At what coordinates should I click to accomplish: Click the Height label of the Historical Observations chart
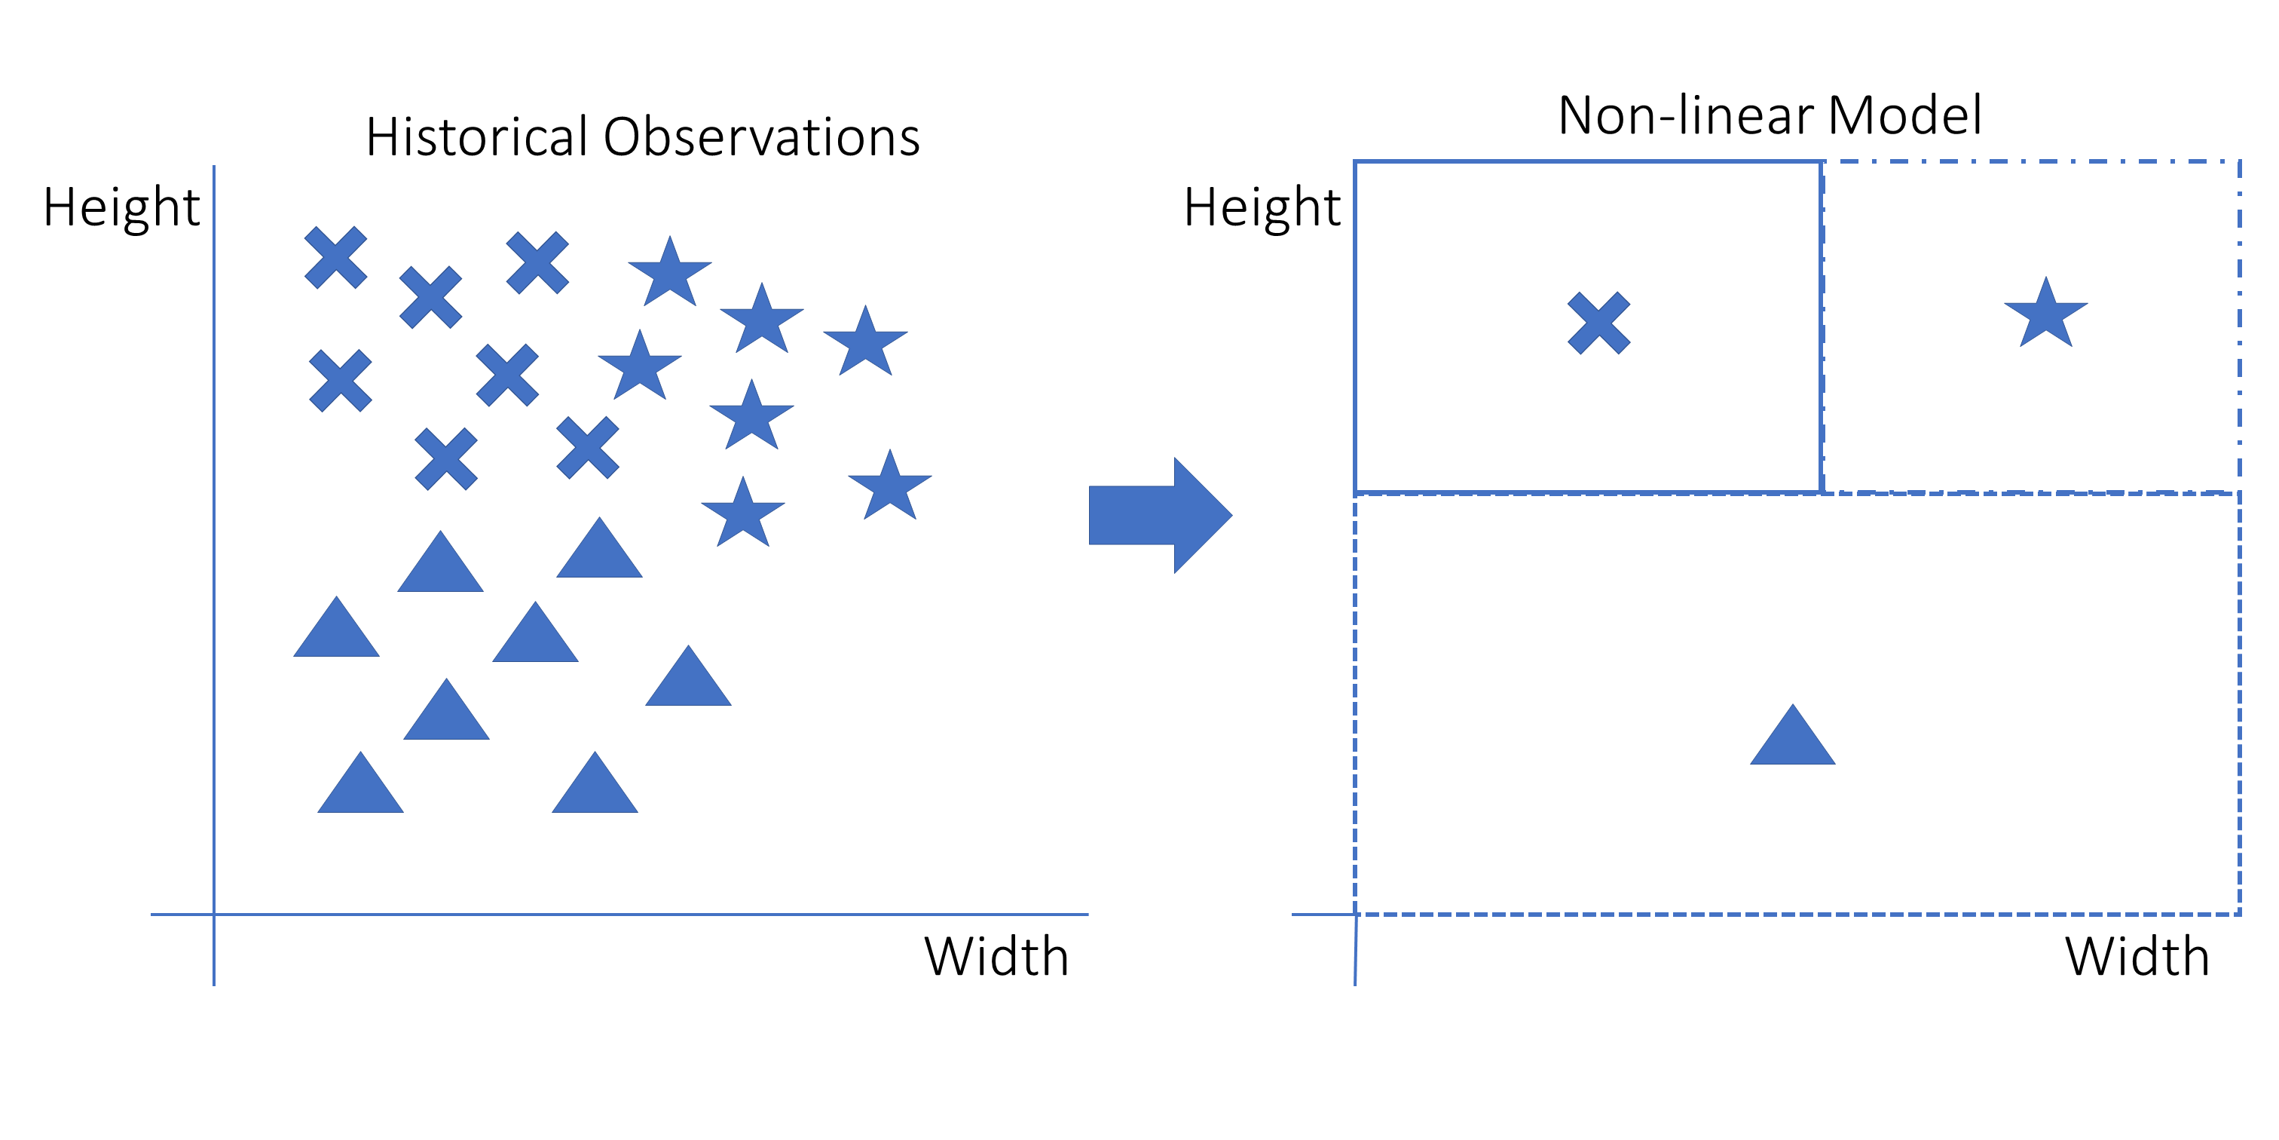click(122, 208)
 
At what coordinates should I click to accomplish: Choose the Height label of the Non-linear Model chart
click(1262, 208)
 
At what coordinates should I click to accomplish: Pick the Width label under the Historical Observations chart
click(996, 956)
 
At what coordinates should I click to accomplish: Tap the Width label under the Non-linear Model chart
click(2137, 956)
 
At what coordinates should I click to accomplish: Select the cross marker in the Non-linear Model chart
click(1598, 323)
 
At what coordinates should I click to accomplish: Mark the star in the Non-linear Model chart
click(2045, 315)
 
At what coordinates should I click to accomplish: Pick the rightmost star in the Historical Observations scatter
click(890, 487)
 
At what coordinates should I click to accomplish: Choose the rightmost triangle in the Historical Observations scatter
click(688, 680)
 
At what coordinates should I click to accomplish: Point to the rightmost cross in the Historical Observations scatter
click(587, 448)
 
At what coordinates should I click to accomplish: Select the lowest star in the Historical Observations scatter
click(743, 514)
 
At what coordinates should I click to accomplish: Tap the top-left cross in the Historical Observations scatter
click(335, 258)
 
